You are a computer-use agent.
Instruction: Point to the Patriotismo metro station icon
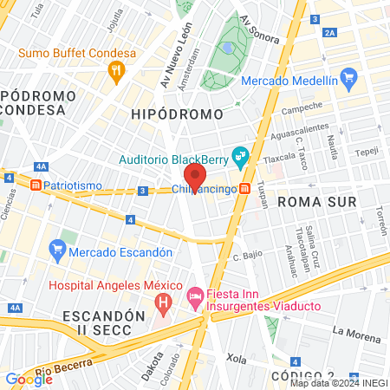[36, 185]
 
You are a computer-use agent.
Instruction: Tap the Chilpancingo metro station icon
[246, 190]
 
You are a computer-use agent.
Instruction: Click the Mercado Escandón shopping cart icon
[58, 248]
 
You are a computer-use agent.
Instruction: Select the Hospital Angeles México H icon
[162, 303]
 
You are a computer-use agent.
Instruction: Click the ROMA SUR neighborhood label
[309, 202]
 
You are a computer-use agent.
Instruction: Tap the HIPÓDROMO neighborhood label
[177, 114]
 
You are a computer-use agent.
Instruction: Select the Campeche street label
[302, 107]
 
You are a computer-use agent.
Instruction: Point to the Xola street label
[236, 357]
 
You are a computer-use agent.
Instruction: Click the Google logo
[29, 379]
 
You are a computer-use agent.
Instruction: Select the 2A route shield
[328, 32]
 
